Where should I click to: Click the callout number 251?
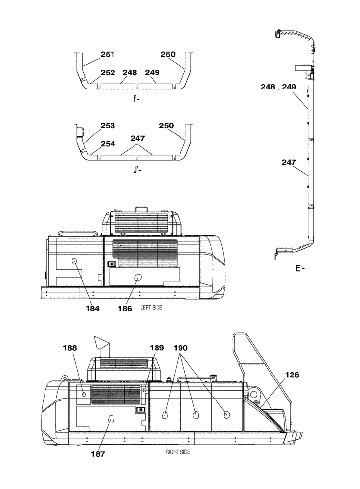(x=108, y=55)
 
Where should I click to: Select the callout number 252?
(x=108, y=73)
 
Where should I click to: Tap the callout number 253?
(x=108, y=126)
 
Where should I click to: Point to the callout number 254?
(x=108, y=144)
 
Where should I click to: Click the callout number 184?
(x=92, y=309)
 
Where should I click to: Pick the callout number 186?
(x=125, y=309)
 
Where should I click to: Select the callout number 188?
(x=70, y=348)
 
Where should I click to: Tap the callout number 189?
(x=157, y=348)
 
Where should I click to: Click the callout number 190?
(x=180, y=348)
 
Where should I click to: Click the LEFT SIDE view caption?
(x=151, y=308)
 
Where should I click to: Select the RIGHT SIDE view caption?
(x=178, y=452)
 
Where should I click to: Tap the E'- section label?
(x=300, y=268)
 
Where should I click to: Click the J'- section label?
(x=137, y=170)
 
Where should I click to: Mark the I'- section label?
(x=137, y=98)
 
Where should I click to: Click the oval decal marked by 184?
(x=75, y=262)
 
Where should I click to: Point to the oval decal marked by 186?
(x=137, y=277)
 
